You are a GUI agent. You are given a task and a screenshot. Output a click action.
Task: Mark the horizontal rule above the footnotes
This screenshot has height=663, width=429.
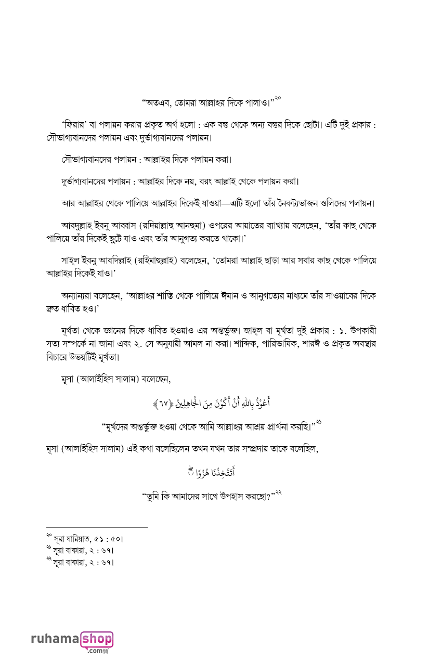tap(97, 527)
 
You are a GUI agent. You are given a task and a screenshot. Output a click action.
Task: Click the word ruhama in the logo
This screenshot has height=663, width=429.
tap(55, 639)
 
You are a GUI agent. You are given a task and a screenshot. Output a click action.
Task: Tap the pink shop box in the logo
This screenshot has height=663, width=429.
tap(97, 639)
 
